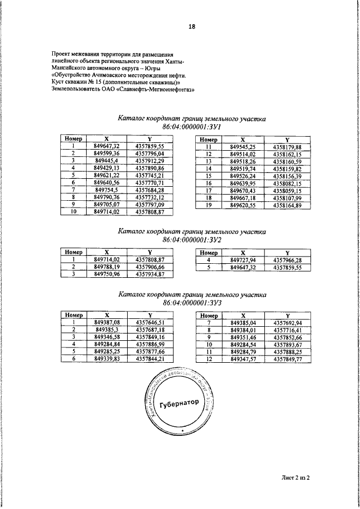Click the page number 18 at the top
192,26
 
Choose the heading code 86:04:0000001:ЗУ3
191,303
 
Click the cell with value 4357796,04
149,153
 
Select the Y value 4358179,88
287,146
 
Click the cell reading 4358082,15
287,183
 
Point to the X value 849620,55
243,206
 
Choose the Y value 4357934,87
149,274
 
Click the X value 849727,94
243,260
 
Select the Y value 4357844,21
149,358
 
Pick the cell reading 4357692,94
287,323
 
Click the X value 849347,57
243,358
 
